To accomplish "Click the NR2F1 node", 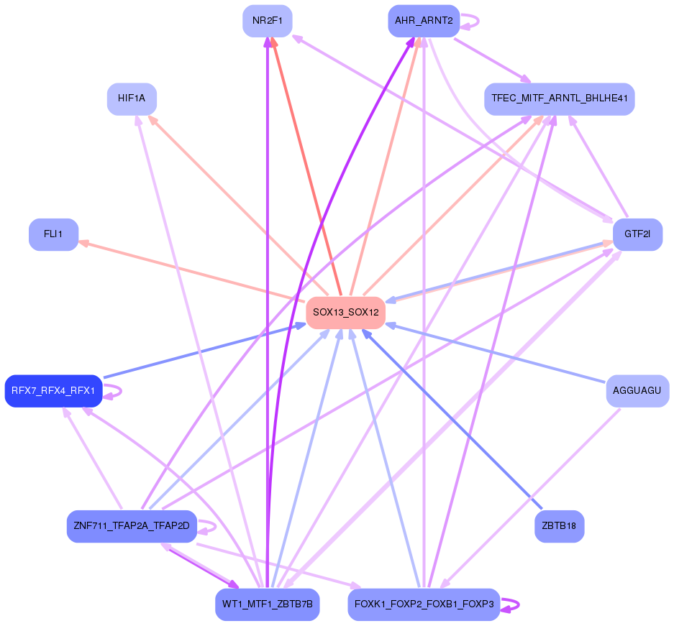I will [x=267, y=20].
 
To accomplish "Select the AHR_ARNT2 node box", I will [x=423, y=21].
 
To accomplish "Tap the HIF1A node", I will [x=132, y=98].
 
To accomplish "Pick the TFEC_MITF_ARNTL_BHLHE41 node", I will [x=559, y=98].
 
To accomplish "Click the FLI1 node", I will [x=53, y=234].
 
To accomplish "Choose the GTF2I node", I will [x=637, y=234].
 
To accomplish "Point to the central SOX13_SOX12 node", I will [x=345, y=313].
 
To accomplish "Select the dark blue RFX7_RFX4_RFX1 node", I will [x=53, y=391].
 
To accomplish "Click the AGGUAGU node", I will [x=637, y=391].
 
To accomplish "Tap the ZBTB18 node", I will [x=559, y=527].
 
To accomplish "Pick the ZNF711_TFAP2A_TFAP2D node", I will [x=132, y=527].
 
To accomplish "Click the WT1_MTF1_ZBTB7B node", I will [x=267, y=604].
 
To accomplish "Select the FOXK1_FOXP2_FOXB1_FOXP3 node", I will [x=423, y=604].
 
